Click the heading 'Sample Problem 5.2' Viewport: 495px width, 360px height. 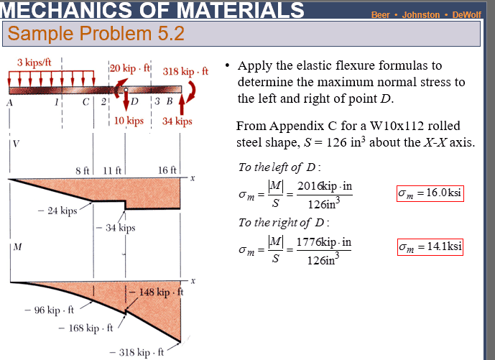96,34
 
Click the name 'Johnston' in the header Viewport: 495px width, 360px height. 421,15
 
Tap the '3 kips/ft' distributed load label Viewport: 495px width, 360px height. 34,63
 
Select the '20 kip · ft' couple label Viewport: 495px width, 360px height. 130,68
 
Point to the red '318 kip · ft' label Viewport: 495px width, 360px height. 185,71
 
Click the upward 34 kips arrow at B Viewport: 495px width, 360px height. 182,104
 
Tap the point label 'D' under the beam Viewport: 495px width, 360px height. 134,101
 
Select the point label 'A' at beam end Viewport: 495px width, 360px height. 9,103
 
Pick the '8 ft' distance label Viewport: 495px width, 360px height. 83,171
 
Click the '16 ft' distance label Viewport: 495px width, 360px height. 167,170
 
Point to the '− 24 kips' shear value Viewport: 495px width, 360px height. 57,211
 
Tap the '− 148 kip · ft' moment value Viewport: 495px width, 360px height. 157,292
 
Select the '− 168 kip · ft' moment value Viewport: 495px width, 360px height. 86,328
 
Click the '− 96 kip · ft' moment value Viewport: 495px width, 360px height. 50,310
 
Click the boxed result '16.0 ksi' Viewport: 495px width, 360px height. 430,193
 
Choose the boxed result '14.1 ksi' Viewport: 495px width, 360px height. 430,247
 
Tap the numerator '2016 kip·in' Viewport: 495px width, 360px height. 325,186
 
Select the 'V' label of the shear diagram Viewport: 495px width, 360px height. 16,144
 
